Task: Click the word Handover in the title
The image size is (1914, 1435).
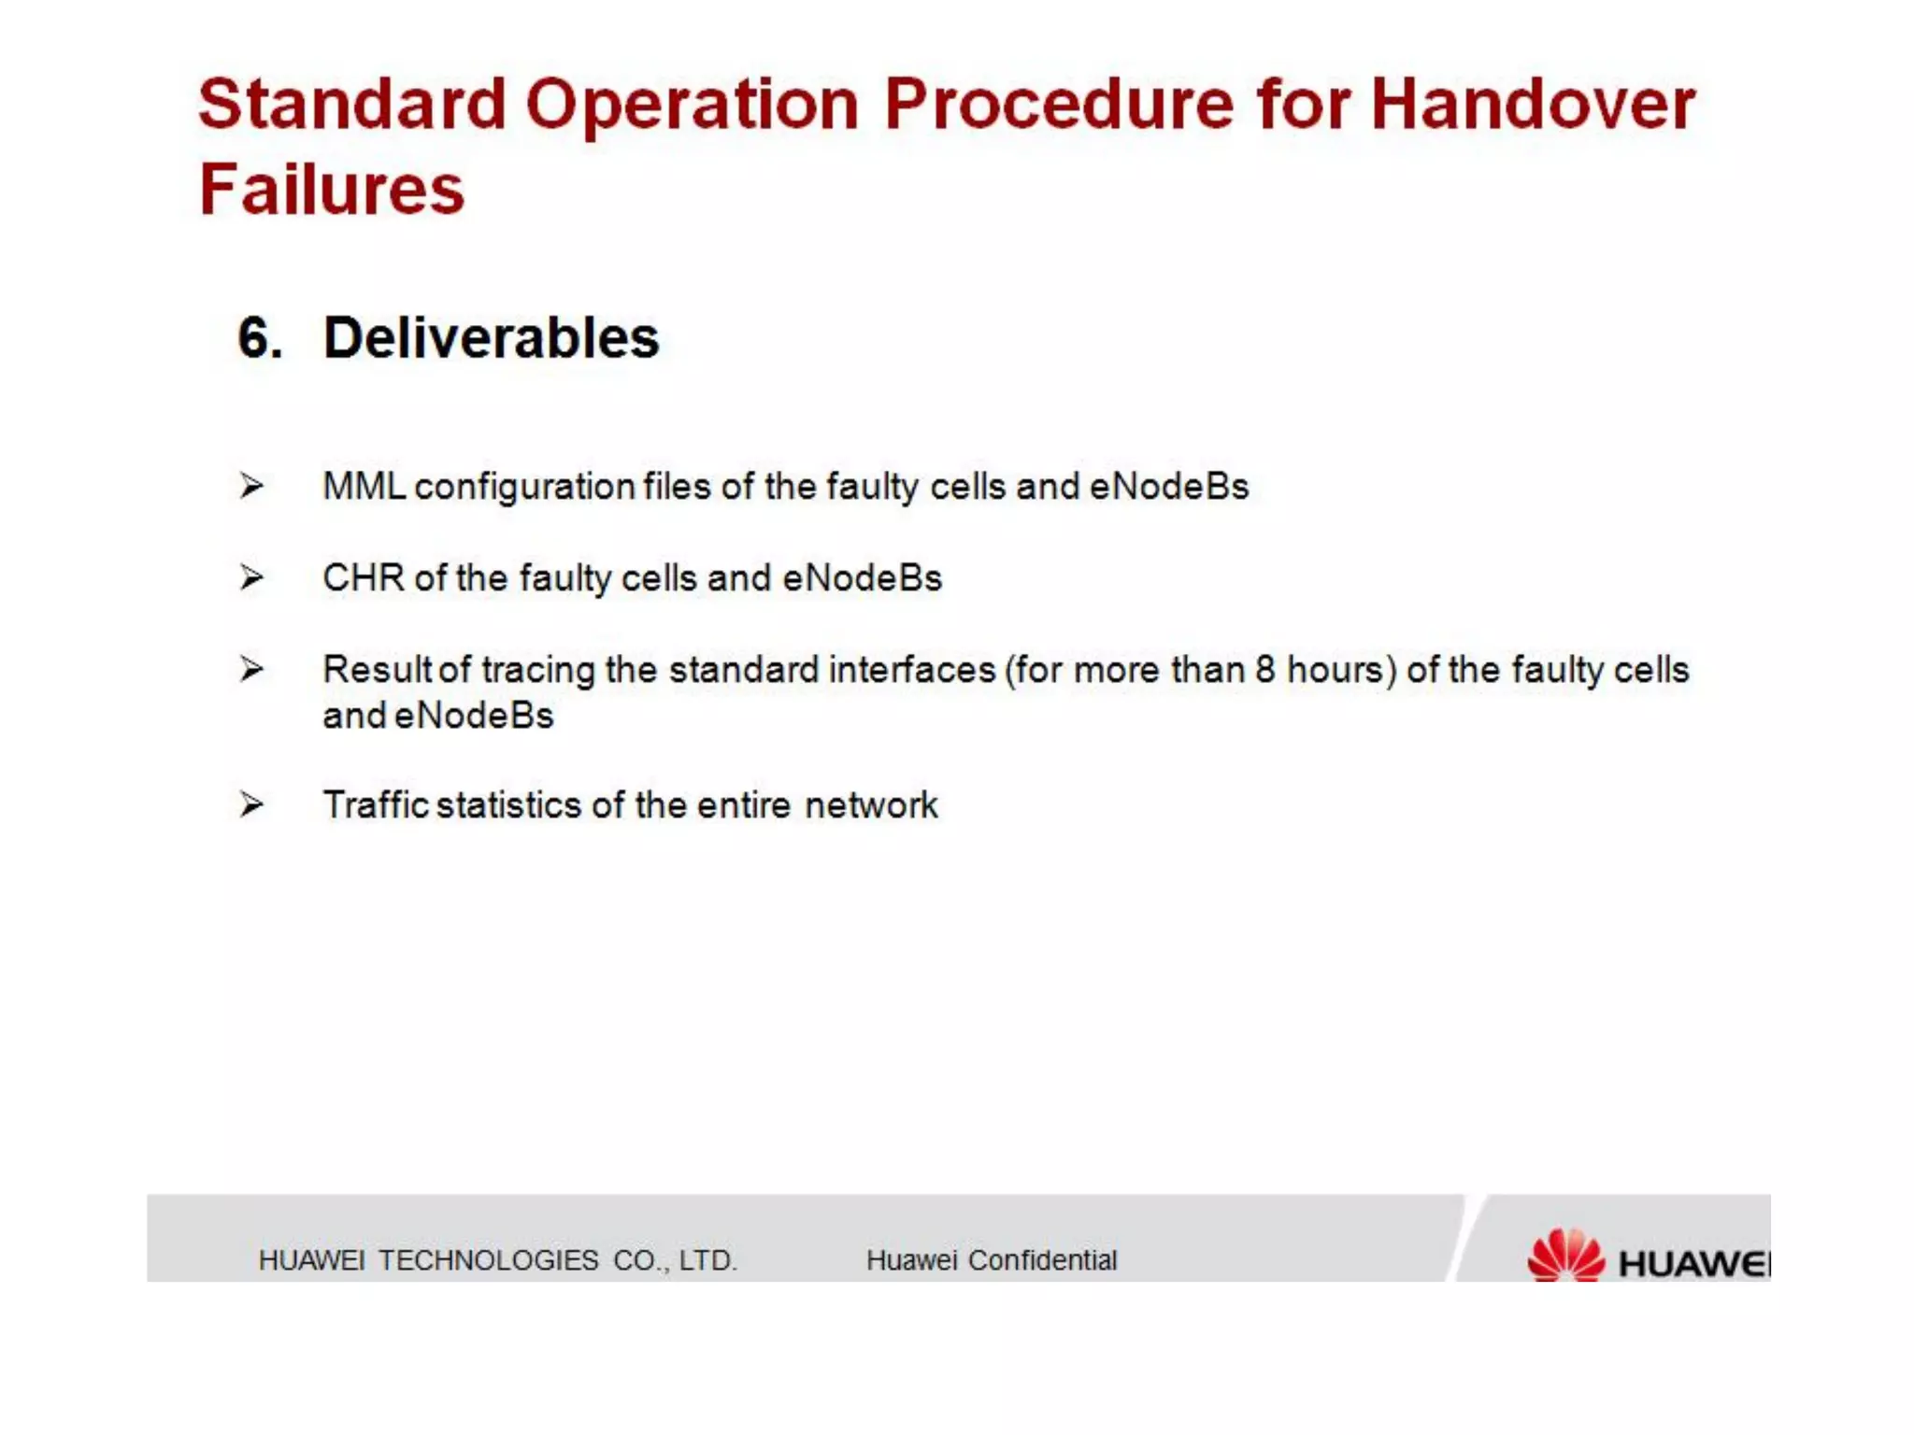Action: point(1533,105)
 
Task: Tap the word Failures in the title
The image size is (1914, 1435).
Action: point(332,190)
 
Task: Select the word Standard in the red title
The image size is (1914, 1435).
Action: point(351,105)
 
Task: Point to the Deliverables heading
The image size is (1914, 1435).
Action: point(491,338)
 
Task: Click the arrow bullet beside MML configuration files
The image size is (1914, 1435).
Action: point(250,486)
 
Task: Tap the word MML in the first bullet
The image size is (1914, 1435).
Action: point(364,487)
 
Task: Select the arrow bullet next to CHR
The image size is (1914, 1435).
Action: point(250,577)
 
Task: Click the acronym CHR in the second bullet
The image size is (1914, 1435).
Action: point(363,578)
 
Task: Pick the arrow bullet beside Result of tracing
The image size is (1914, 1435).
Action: point(250,669)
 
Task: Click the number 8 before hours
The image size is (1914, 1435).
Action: point(1264,670)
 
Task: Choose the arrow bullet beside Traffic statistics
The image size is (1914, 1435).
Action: point(250,804)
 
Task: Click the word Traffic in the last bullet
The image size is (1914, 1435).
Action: point(375,805)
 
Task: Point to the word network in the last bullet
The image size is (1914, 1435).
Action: point(870,805)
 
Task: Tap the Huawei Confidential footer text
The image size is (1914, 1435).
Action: point(991,1260)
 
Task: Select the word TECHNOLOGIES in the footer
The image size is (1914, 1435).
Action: point(488,1260)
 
